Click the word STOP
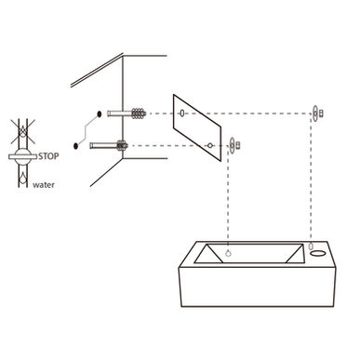(48, 156)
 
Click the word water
(44, 185)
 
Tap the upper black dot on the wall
(100, 114)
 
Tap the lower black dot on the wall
(75, 146)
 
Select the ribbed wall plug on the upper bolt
(139, 113)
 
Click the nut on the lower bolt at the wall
(122, 145)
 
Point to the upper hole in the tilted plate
(182, 113)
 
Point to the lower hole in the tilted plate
(210, 145)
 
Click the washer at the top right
(315, 113)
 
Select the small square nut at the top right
(322, 113)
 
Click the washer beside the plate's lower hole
(233, 145)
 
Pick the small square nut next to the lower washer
(238, 145)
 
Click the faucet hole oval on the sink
(318, 254)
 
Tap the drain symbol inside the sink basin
(228, 254)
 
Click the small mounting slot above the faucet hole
(311, 246)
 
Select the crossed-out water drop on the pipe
(23, 131)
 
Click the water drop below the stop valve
(23, 178)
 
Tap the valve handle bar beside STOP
(23, 156)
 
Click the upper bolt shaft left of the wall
(119, 113)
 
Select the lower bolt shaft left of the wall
(103, 145)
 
